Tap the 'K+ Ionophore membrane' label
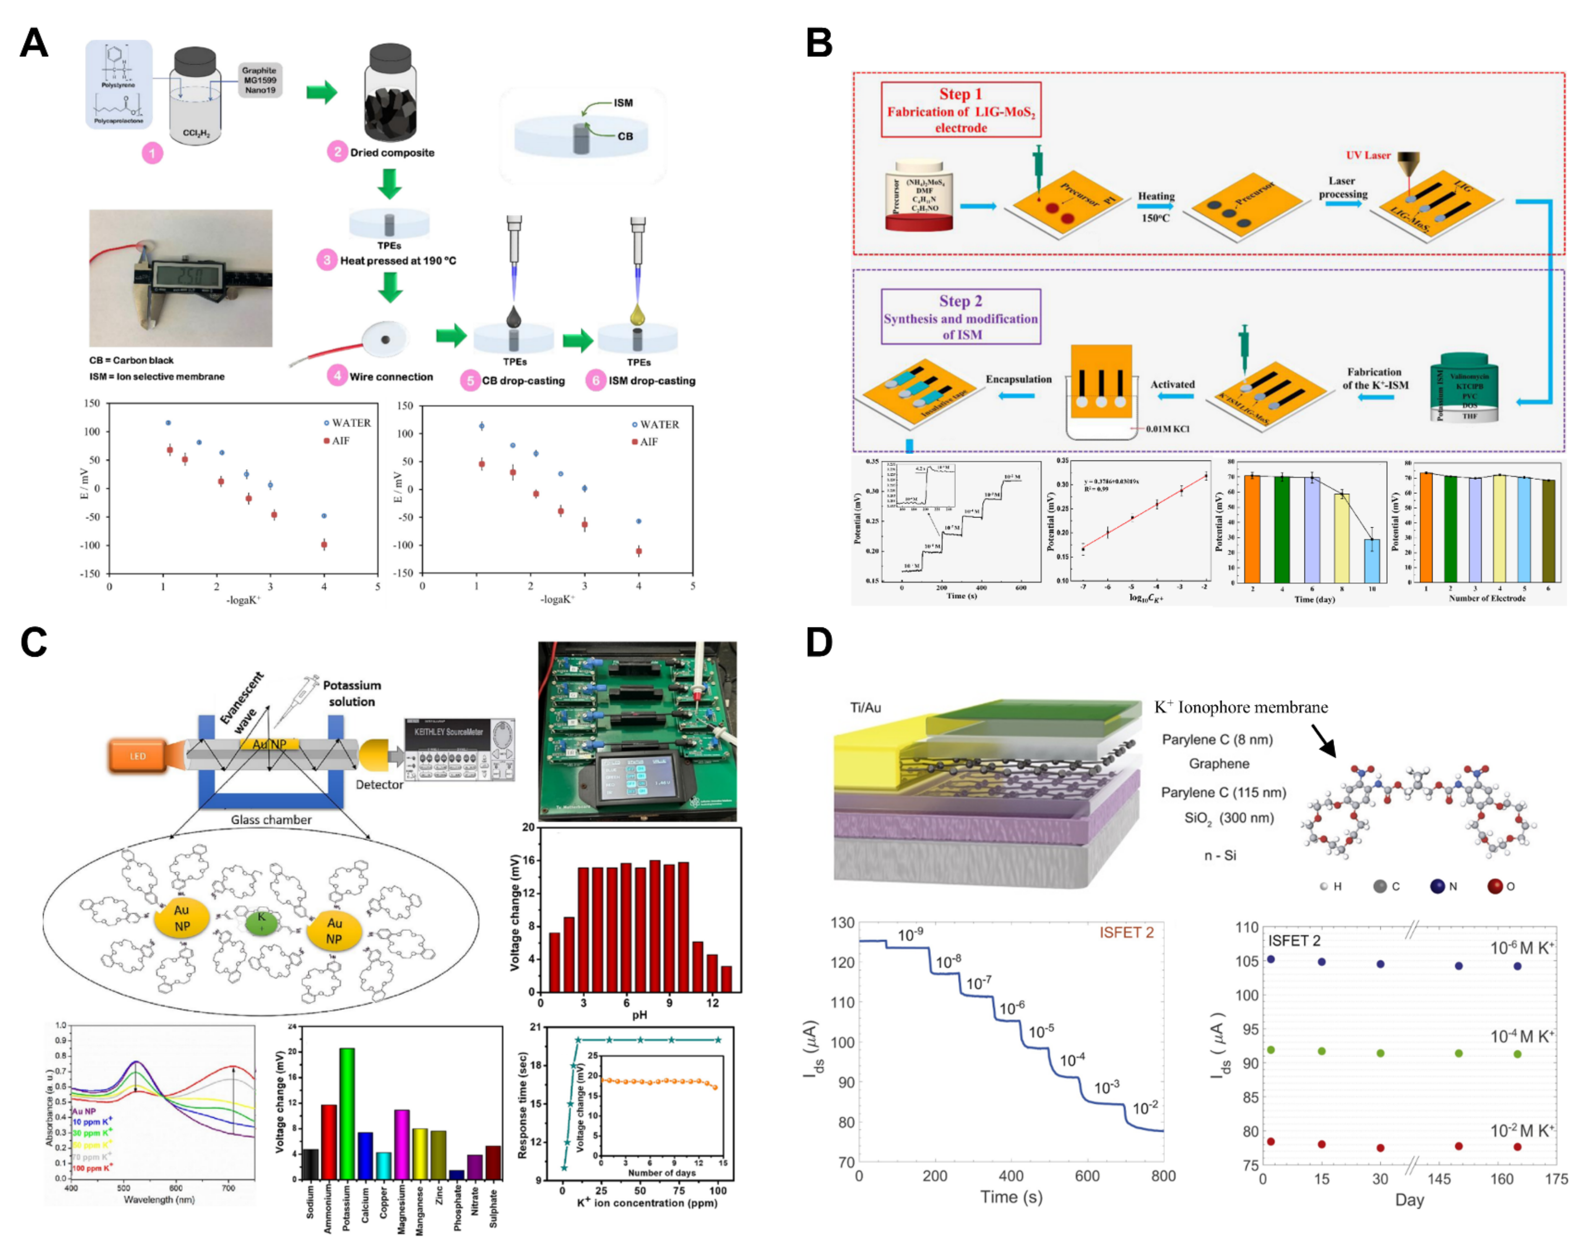(x=1241, y=707)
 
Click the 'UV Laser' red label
(x=1368, y=156)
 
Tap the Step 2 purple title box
(x=961, y=317)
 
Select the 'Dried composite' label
(x=391, y=153)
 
